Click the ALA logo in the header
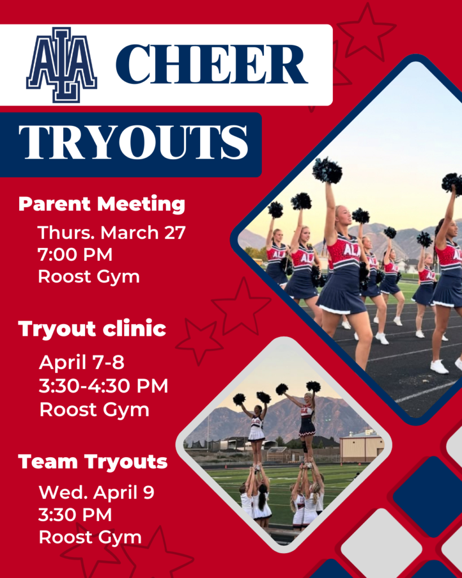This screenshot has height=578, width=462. pos(61,65)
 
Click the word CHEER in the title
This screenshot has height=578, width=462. pos(212,64)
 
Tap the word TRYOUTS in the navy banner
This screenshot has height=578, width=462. pos(133,142)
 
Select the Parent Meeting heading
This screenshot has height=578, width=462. pos(102,204)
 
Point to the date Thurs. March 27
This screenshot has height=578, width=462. pos(112,233)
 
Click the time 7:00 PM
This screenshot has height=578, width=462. pos(75,255)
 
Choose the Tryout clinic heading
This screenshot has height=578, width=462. pos(92,329)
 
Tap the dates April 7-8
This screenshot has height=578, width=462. pos(81,362)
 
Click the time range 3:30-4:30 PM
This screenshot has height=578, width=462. pos(104,386)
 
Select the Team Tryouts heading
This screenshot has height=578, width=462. pos(93,462)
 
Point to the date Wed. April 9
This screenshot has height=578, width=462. pos(96,492)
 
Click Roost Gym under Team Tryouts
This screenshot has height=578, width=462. pos(90,538)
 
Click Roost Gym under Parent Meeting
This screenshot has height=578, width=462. pos(89,277)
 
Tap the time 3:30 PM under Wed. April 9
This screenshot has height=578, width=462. pos(75,515)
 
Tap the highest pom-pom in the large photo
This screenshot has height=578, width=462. pos(327,170)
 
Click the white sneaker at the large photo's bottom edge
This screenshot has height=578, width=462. pos(439,367)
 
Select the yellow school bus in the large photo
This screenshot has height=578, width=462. pos(259,262)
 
